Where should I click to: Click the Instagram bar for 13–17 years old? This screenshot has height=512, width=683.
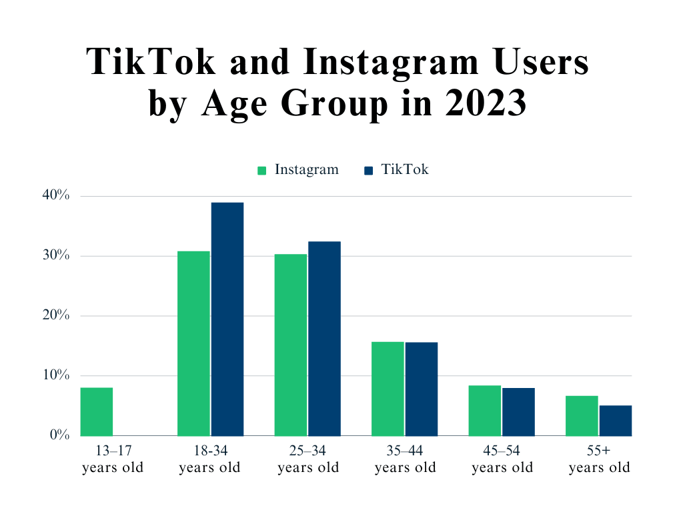pyautogui.click(x=96, y=411)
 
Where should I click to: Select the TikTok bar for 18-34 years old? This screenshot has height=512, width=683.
pyautogui.click(x=227, y=319)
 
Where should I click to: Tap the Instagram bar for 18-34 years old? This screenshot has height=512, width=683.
pyautogui.click(x=193, y=343)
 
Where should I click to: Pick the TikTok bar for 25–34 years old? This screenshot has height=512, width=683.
pyautogui.click(x=324, y=339)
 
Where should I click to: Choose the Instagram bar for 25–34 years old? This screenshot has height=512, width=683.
pyautogui.click(x=291, y=345)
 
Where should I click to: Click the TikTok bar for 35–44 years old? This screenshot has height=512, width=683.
pyautogui.click(x=422, y=389)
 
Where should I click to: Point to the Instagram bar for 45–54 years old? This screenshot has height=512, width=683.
pyautogui.click(x=485, y=410)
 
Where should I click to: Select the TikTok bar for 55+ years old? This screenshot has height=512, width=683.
pyautogui.click(x=616, y=420)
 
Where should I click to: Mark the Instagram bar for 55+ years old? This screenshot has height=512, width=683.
pyautogui.click(x=582, y=415)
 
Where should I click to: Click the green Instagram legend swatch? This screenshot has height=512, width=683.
pyautogui.click(x=262, y=171)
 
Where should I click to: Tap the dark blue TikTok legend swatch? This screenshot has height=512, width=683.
pyautogui.click(x=368, y=171)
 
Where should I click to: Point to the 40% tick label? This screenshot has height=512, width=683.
pyautogui.click(x=55, y=195)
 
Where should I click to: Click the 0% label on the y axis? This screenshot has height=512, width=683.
pyautogui.click(x=59, y=435)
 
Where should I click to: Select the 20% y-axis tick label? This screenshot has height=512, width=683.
pyautogui.click(x=55, y=315)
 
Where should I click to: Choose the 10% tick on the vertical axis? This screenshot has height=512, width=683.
pyautogui.click(x=55, y=375)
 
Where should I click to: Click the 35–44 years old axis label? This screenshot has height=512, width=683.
pyautogui.click(x=405, y=459)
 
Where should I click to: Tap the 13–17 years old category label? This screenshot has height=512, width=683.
pyautogui.click(x=113, y=459)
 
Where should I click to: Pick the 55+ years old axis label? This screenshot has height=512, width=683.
pyautogui.click(x=599, y=459)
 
